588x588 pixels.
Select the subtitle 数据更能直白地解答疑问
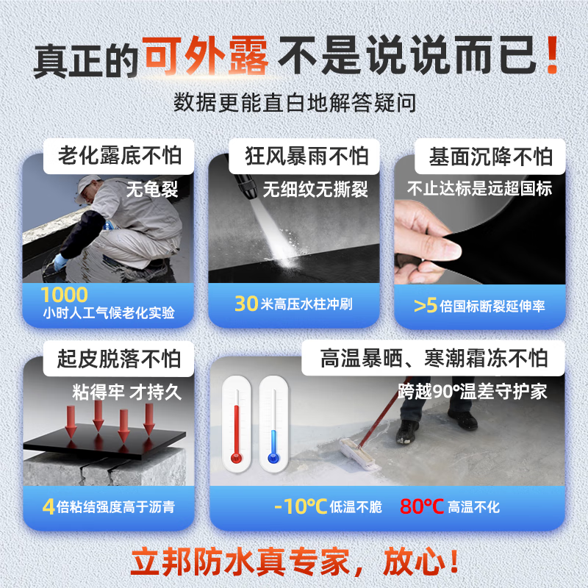click(x=295, y=102)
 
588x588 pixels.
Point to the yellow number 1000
click(x=65, y=295)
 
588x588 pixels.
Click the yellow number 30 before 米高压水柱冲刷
click(x=245, y=304)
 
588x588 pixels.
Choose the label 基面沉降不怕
click(x=491, y=157)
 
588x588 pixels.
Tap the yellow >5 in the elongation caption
click(x=426, y=306)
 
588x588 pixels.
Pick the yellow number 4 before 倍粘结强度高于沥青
click(x=49, y=506)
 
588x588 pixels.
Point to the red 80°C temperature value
click(x=422, y=506)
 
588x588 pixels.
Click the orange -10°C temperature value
click(x=300, y=506)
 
